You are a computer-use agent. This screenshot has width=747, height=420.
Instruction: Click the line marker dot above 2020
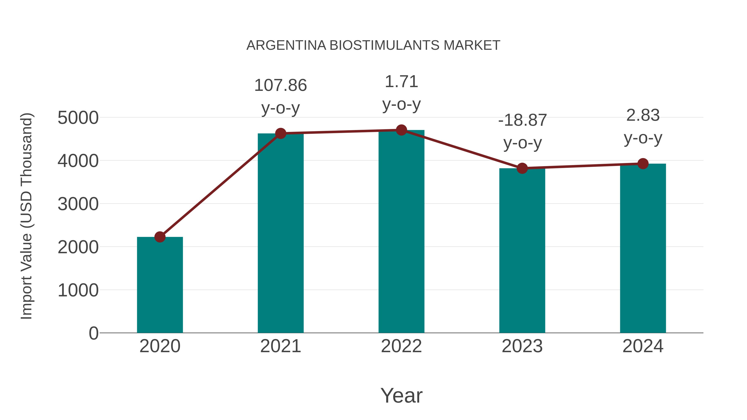click(160, 237)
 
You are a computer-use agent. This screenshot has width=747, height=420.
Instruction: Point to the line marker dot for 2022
click(401, 130)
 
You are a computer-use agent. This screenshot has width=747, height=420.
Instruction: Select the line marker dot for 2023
click(522, 168)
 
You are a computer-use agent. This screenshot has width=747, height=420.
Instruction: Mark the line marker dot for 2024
click(643, 163)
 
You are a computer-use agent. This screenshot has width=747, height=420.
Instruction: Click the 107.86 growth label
click(280, 85)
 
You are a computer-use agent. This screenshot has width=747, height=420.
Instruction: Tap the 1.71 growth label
click(401, 82)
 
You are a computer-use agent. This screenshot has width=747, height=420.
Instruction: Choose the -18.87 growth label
click(522, 120)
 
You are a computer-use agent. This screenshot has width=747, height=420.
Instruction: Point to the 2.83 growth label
click(643, 115)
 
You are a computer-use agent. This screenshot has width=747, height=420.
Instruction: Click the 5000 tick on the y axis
click(78, 118)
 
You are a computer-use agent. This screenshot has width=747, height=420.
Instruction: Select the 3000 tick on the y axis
click(78, 204)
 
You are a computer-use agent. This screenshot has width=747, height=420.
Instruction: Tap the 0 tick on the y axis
click(94, 333)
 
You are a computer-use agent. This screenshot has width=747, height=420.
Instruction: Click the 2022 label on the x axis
click(401, 346)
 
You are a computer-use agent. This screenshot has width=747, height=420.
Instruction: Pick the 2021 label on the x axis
click(280, 346)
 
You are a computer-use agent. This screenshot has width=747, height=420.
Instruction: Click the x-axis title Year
click(401, 396)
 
